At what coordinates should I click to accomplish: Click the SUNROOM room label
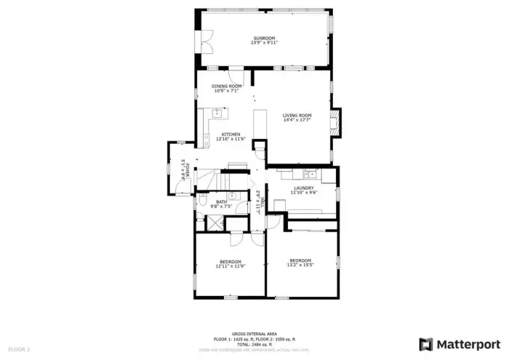[x=265, y=38]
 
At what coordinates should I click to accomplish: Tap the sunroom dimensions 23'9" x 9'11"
[x=265, y=42]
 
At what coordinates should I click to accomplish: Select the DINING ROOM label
[x=227, y=86]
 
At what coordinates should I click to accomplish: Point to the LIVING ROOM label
[x=297, y=115]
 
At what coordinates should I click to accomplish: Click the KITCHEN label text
[x=231, y=134]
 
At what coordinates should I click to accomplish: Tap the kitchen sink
[x=217, y=113]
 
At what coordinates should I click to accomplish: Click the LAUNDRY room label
[x=302, y=188]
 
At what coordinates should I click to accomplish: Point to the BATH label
[x=220, y=202]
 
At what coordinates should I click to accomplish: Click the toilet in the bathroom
[x=202, y=202]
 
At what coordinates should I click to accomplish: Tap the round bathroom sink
[x=231, y=196]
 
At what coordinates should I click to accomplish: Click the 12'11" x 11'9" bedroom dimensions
[x=230, y=265]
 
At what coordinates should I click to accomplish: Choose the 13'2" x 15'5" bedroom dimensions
[x=300, y=265]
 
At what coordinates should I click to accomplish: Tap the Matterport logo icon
[x=426, y=343]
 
